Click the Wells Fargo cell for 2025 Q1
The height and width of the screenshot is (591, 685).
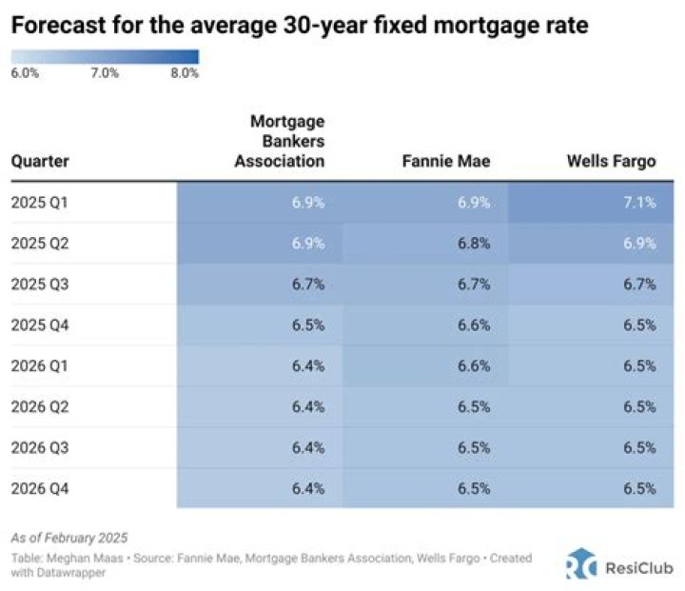coord(639,203)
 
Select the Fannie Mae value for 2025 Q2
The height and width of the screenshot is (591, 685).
coord(473,244)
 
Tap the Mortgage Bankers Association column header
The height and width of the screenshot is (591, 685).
coord(286,142)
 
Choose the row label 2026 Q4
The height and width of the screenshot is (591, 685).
coord(40,488)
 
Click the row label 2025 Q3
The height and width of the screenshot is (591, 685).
coord(40,285)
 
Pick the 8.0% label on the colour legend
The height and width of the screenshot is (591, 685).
coord(185,73)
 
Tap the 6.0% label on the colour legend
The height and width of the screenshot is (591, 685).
coord(25,73)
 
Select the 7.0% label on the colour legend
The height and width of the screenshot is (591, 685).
coord(105,73)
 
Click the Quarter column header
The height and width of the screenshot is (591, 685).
coord(40,162)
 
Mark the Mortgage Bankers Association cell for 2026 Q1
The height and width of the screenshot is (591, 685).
coord(307,365)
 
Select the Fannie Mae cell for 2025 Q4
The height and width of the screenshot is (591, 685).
coord(473,325)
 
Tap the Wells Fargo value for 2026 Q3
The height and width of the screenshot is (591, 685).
coord(639,447)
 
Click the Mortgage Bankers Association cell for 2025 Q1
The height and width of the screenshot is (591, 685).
coord(307,203)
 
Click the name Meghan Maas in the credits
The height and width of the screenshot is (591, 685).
coord(81,558)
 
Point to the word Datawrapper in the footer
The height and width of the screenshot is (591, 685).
coord(67,572)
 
